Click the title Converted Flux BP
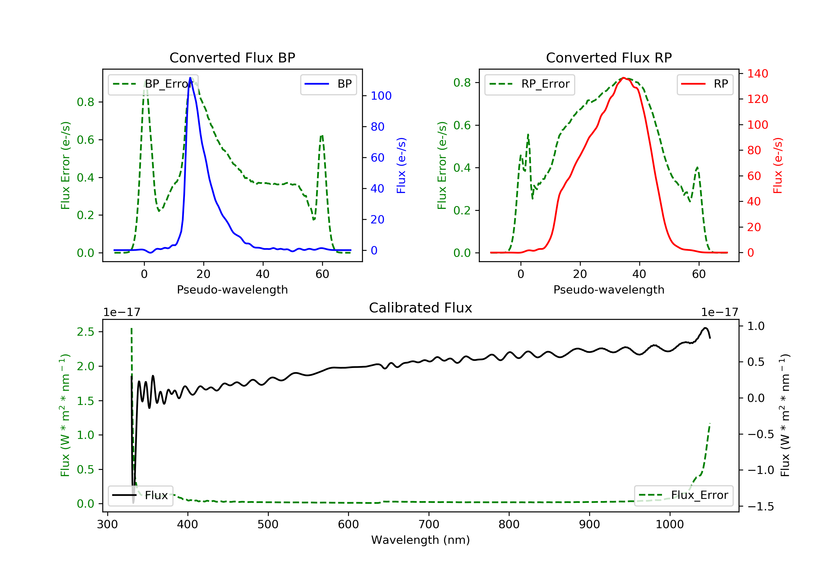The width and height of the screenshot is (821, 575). [x=232, y=58]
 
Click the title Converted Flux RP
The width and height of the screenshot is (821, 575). [x=609, y=58]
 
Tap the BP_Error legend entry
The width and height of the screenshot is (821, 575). [x=153, y=84]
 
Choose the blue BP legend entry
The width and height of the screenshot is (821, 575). [x=328, y=84]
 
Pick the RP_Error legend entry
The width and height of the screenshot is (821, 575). [x=529, y=84]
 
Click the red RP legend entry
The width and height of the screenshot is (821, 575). [x=704, y=84]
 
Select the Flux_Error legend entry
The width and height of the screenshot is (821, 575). [x=683, y=495]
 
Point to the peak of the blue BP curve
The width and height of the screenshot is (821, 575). [x=190, y=78]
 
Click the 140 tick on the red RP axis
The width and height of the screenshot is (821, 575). [x=757, y=74]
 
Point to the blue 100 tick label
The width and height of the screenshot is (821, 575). [x=381, y=96]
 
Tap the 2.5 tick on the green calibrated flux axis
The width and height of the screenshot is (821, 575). [x=85, y=332]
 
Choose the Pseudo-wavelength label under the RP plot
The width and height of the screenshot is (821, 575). [x=609, y=289]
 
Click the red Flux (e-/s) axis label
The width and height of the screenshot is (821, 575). [x=777, y=165]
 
